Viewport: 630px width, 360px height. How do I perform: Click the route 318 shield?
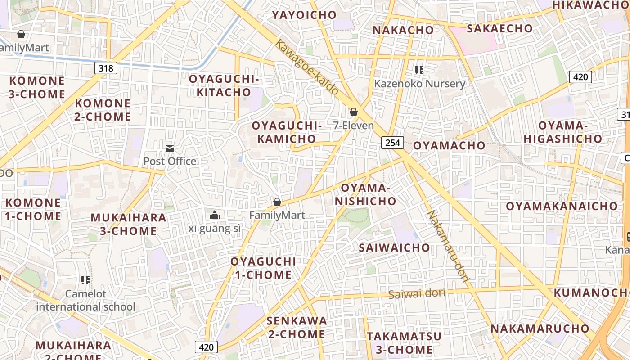pyautogui.click(x=106, y=68)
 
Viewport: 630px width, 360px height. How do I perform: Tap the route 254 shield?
pyautogui.click(x=392, y=143)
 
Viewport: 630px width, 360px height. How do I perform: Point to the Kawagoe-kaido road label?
pyautogui.click(x=306, y=67)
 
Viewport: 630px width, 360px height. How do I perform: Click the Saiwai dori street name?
pyautogui.click(x=417, y=293)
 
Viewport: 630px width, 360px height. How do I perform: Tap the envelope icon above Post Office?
pyautogui.click(x=170, y=148)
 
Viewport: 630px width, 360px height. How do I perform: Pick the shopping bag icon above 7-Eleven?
pyautogui.click(x=354, y=112)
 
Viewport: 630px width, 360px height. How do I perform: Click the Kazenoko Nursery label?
pyautogui.click(x=419, y=84)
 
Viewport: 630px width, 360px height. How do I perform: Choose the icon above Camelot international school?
pyautogui.click(x=85, y=280)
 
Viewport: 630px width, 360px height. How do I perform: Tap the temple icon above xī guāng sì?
pyautogui.click(x=215, y=216)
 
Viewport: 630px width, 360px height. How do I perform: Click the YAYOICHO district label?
pyautogui.click(x=304, y=15)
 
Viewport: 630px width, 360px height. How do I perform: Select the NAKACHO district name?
pyautogui.click(x=403, y=30)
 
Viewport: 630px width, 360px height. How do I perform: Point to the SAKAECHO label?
pyautogui.click(x=499, y=28)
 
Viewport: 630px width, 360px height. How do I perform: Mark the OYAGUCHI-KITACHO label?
pyautogui.click(x=224, y=85)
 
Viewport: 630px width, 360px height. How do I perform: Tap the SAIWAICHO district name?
pyautogui.click(x=394, y=247)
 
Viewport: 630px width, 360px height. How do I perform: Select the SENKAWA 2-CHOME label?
pyautogui.click(x=297, y=327)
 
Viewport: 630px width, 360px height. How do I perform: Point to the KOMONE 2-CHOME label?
pyautogui.click(x=103, y=110)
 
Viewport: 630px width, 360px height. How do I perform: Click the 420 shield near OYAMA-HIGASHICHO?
pyautogui.click(x=580, y=77)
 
